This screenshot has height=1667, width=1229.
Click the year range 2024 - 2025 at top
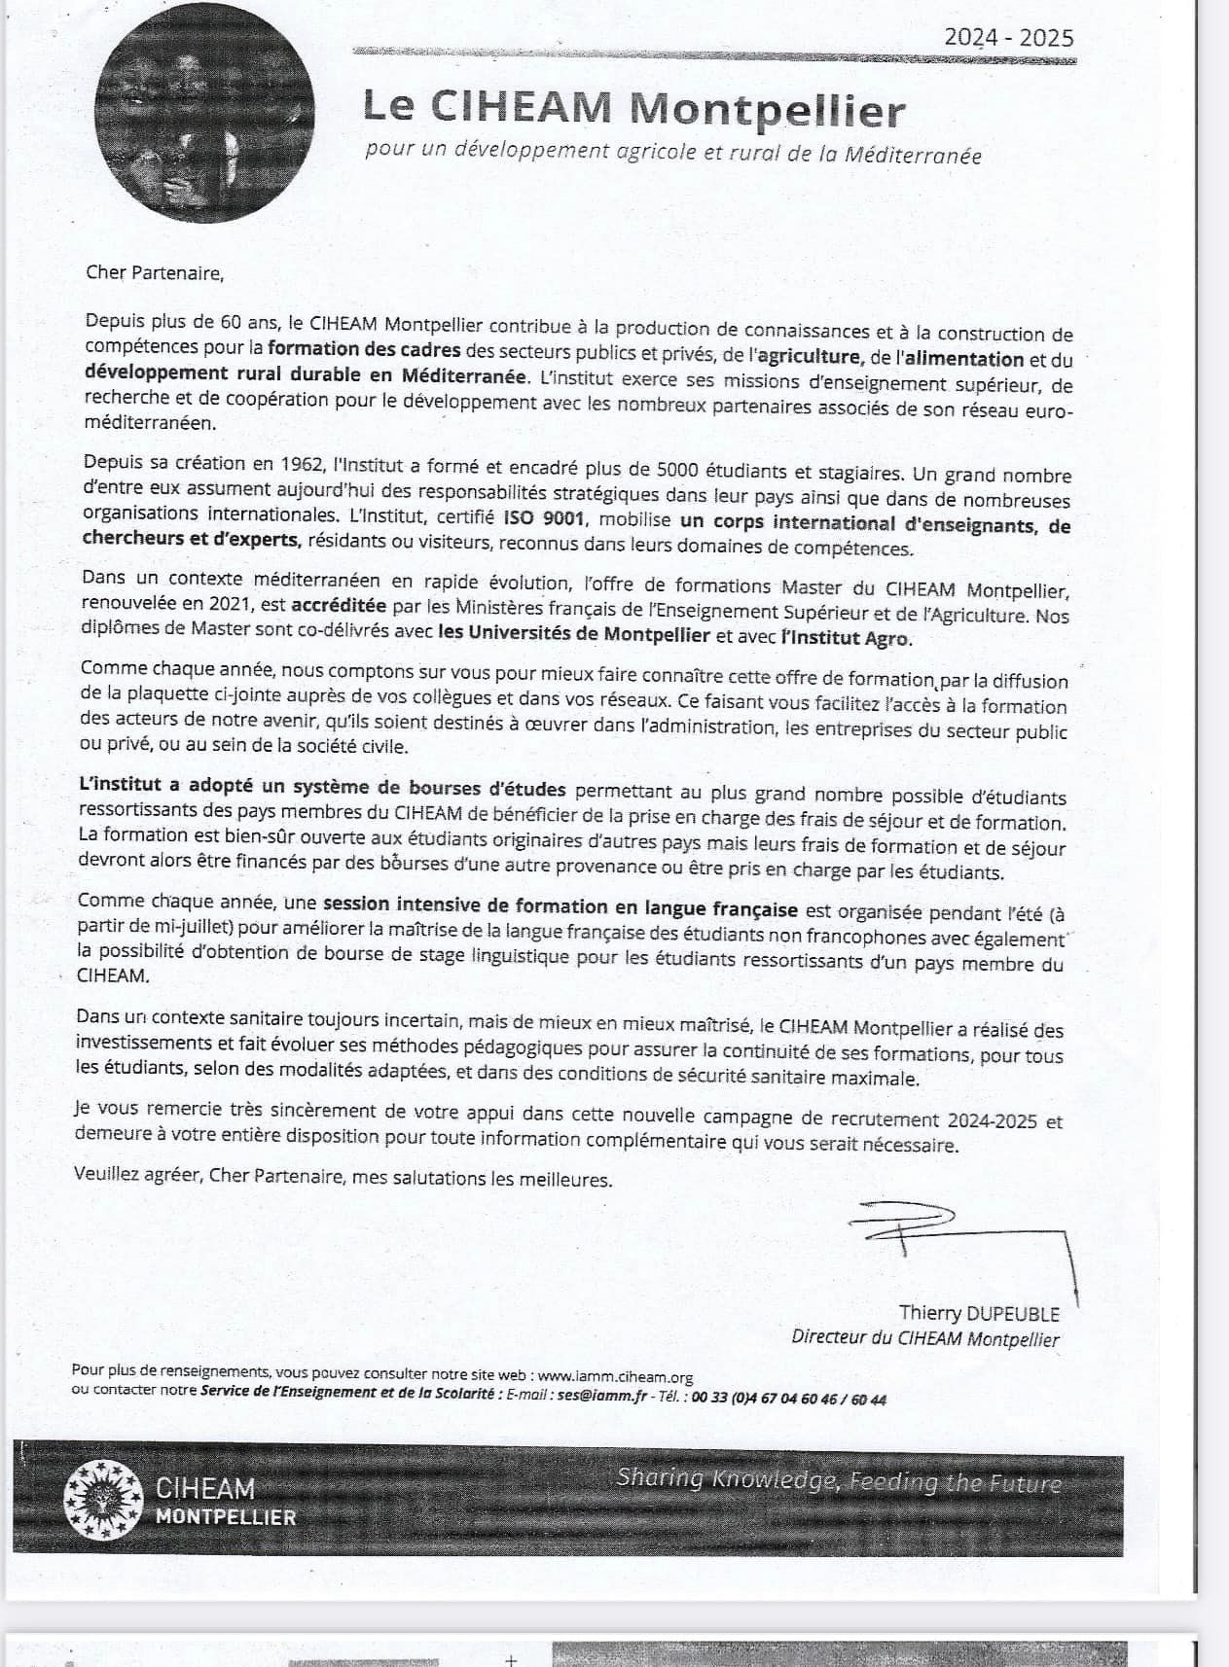pyautogui.click(x=1008, y=38)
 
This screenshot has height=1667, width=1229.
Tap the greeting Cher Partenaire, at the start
pyautogui.click(x=155, y=272)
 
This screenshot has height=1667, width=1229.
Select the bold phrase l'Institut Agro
pyautogui.click(x=846, y=638)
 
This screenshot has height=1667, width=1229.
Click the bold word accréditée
pyautogui.click(x=339, y=606)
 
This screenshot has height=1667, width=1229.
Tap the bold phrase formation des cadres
pyautogui.click(x=364, y=348)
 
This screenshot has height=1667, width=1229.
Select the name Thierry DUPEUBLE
pyautogui.click(x=978, y=1314)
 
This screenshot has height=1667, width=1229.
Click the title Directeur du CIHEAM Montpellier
pyautogui.click(x=924, y=1338)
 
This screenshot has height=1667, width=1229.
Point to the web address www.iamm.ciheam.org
pyautogui.click(x=615, y=1376)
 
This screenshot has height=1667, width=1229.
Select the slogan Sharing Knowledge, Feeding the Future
pyautogui.click(x=838, y=1480)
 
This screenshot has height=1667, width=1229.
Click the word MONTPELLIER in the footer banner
pyautogui.click(x=226, y=1517)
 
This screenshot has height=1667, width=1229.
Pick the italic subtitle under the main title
pyautogui.click(x=672, y=153)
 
